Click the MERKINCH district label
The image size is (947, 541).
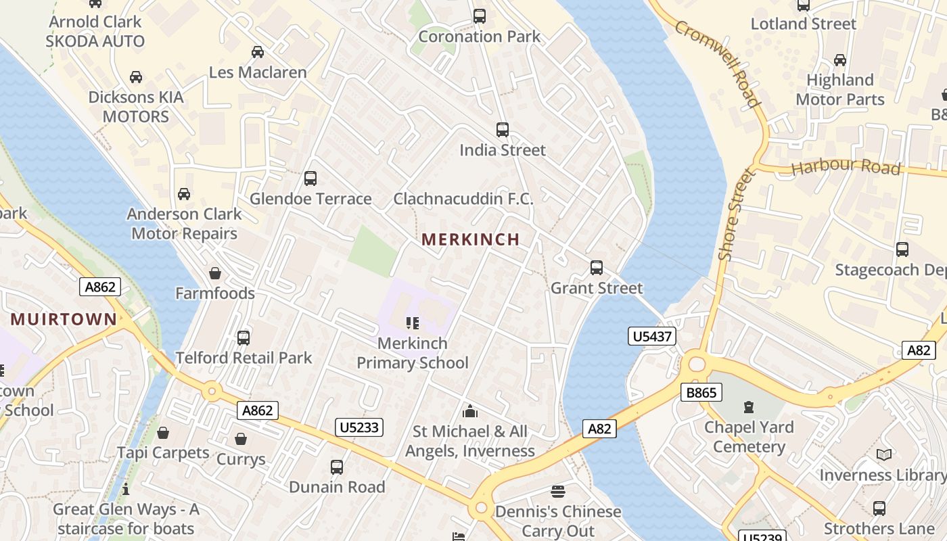470,239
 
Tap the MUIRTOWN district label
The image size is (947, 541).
64,319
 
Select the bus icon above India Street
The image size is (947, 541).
502,130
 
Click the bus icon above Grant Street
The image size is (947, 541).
596,268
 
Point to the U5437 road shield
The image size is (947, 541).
652,336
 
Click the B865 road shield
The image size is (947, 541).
701,392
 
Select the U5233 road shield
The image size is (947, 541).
359,427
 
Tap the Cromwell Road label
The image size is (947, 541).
716,63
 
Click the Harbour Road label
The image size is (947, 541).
846,167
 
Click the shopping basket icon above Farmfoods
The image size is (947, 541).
215,273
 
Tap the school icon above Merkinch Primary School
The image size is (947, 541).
412,323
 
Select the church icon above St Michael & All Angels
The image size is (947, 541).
469,411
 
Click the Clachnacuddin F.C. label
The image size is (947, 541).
463,199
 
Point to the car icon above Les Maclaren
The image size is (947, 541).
257,52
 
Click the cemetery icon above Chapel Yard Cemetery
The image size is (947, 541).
748,407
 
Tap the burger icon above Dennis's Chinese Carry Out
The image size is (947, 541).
558,491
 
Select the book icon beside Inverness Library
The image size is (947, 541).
883,455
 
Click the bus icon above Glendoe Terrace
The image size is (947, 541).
310,179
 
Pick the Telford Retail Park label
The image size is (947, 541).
244,358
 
